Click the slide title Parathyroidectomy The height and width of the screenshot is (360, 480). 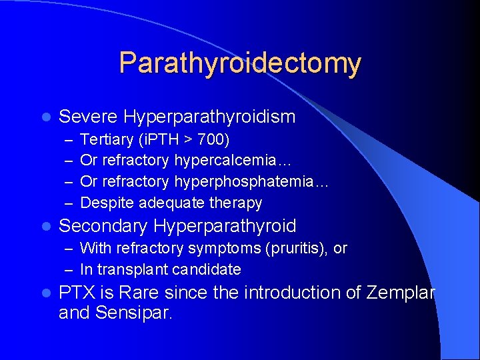click(240, 64)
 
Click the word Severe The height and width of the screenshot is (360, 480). click(88, 117)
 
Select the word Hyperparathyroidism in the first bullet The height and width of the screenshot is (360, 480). click(209, 117)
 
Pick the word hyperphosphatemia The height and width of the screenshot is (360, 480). click(251, 181)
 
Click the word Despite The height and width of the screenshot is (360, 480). click(105, 203)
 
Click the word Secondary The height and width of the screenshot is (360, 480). click(103, 226)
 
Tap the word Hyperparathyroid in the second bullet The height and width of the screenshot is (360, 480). click(225, 227)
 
